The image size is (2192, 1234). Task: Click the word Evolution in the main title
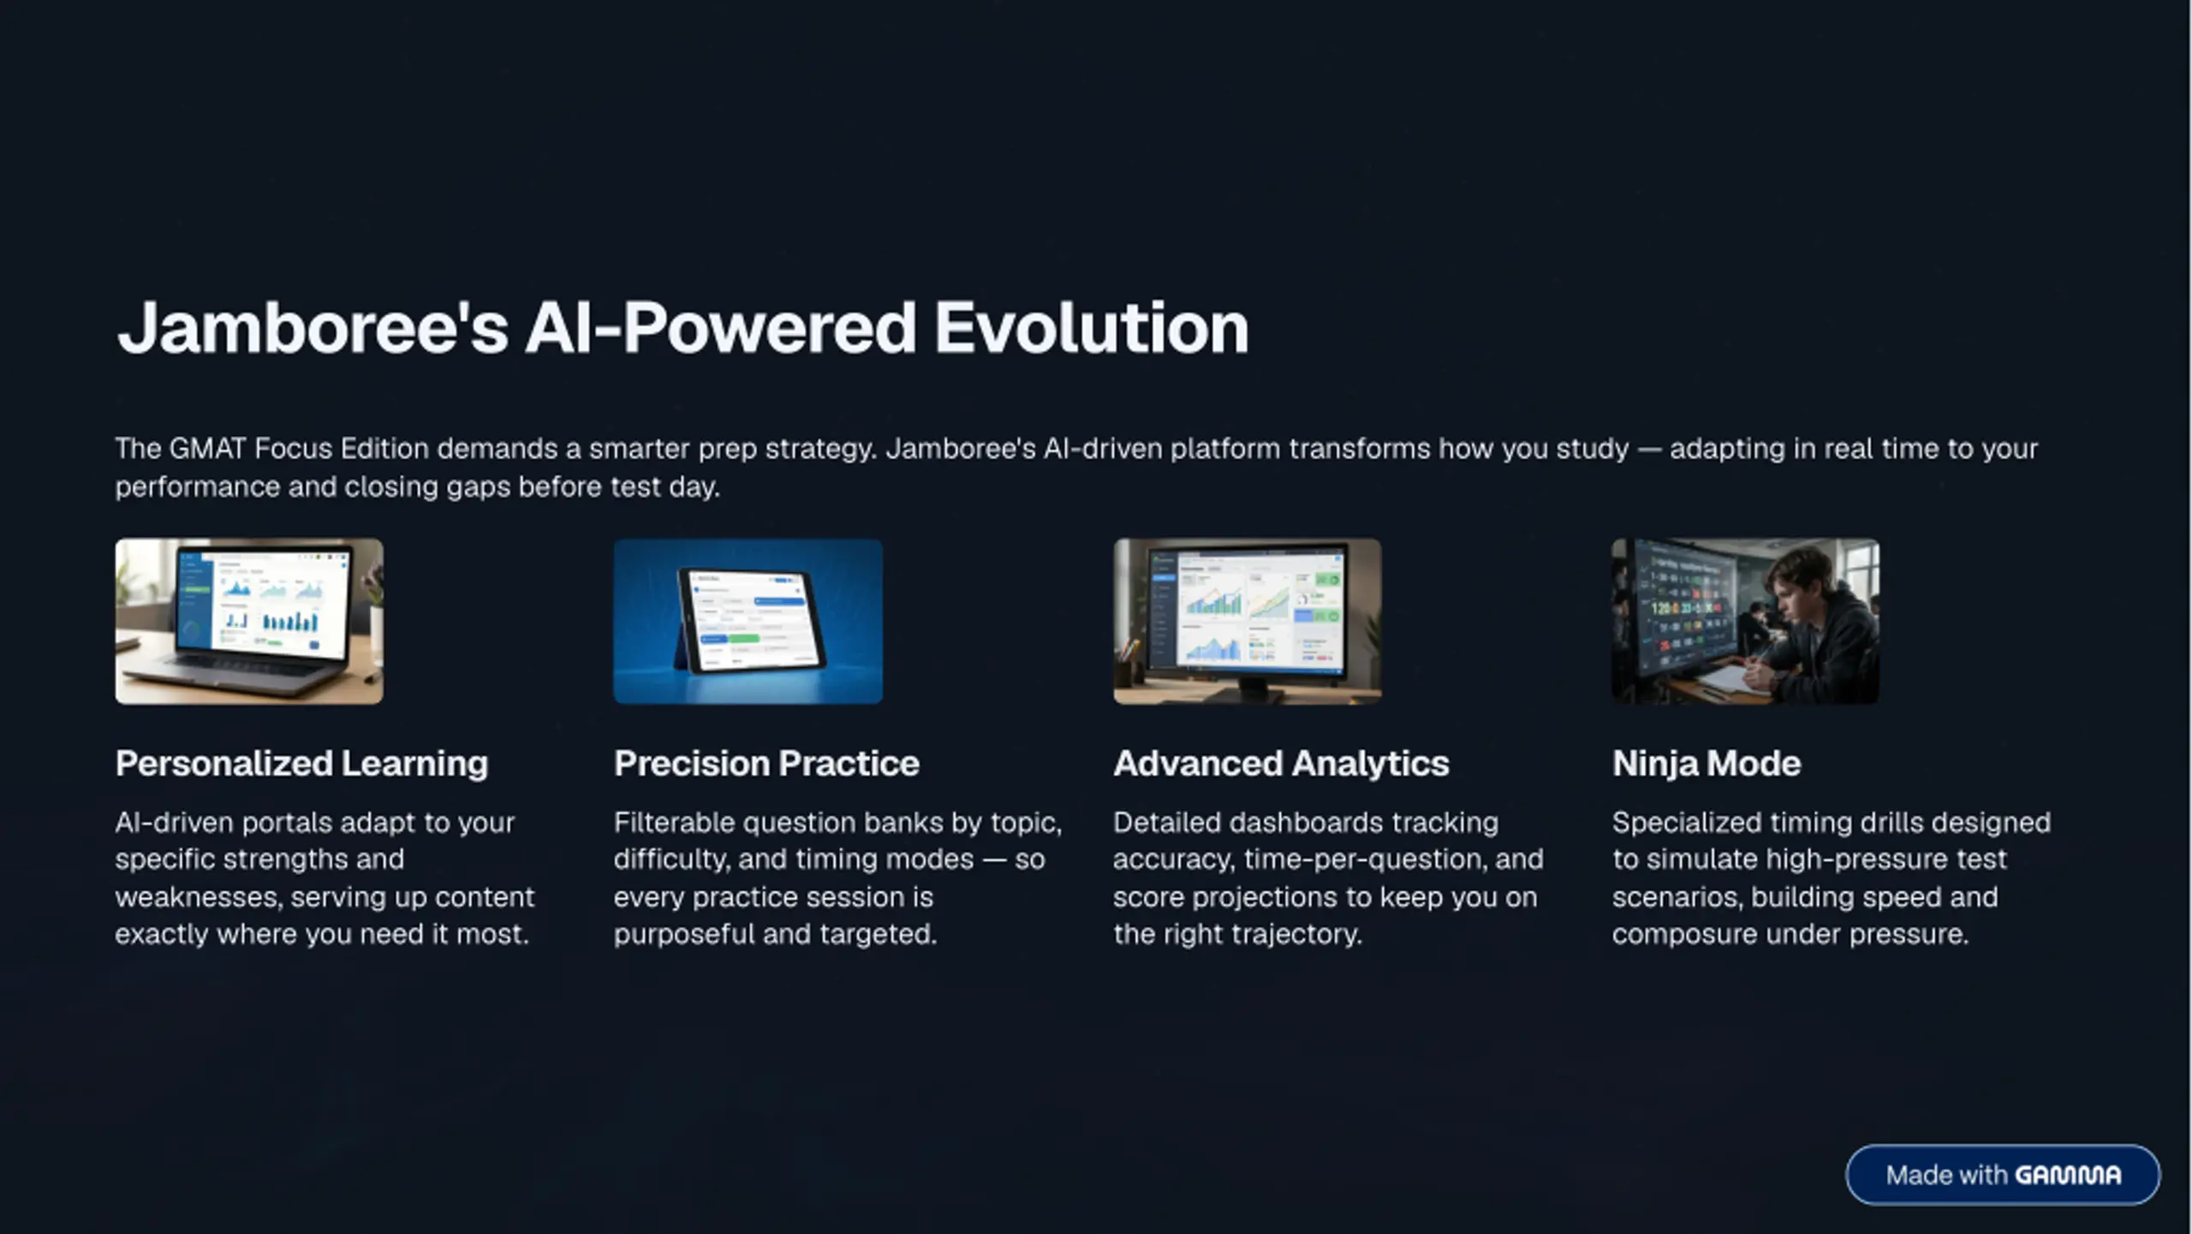coord(1091,328)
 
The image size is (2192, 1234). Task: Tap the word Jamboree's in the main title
coord(313,328)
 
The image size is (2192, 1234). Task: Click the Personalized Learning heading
coord(301,763)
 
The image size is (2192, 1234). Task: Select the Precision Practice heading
coord(766,763)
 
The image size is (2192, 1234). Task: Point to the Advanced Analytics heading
coord(1281,763)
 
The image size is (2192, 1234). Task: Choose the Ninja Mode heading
coord(1707,763)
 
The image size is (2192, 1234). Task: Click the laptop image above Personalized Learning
coord(249,621)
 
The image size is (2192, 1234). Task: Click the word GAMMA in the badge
coord(2069,1175)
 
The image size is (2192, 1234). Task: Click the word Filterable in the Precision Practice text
coord(674,822)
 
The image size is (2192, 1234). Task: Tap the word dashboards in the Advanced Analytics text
coord(1307,822)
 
